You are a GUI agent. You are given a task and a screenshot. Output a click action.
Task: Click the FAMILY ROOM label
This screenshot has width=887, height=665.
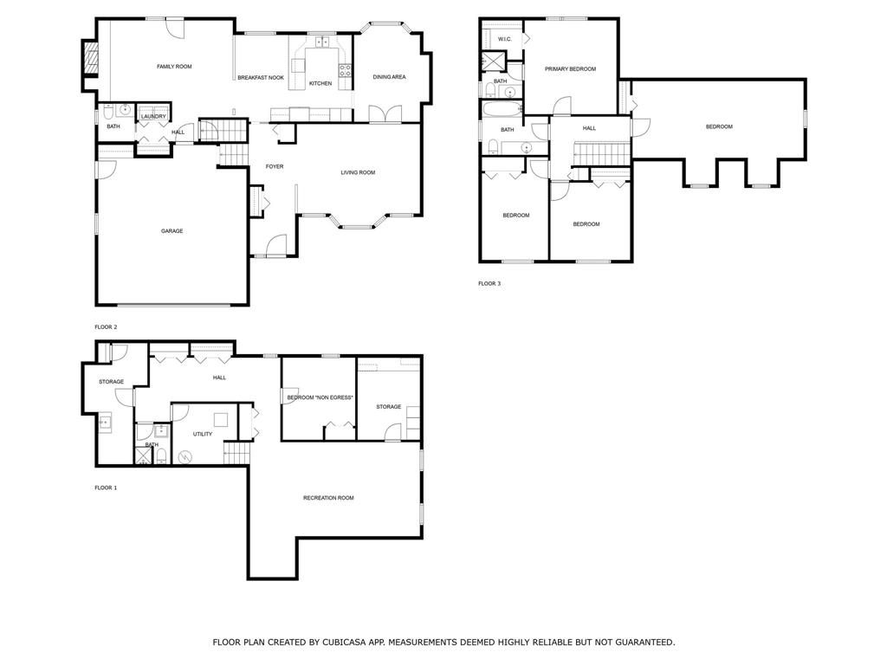(174, 67)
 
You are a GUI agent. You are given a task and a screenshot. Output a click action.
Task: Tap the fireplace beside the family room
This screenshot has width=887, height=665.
(91, 58)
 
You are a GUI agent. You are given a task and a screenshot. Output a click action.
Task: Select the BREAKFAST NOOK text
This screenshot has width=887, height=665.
(261, 77)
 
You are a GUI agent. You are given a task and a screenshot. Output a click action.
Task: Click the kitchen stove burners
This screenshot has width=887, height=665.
(345, 70)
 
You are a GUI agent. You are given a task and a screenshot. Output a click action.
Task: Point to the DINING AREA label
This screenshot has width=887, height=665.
(389, 77)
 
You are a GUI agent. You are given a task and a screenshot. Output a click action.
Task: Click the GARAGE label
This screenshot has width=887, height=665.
(172, 231)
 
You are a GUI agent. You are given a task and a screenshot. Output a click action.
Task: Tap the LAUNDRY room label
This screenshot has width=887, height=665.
(153, 117)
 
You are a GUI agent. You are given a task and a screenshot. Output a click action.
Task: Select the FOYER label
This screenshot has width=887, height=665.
(275, 167)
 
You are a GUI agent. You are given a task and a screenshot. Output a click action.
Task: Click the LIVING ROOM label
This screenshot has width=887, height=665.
(358, 172)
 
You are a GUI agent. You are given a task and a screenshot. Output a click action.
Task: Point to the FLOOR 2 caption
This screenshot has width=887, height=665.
(106, 326)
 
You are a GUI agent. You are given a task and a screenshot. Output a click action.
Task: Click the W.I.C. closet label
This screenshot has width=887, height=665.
(505, 39)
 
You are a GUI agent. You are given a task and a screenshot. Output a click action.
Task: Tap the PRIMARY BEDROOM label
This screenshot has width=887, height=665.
(570, 69)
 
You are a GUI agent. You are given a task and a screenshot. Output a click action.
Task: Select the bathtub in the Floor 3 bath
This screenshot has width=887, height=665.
(502, 108)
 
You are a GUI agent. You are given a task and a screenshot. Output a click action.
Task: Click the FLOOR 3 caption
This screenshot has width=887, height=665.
(489, 283)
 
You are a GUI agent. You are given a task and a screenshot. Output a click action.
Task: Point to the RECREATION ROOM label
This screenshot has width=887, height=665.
(328, 498)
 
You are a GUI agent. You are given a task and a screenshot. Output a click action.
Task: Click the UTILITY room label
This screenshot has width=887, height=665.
(203, 435)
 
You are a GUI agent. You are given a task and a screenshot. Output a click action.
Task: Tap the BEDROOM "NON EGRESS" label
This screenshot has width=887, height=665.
(320, 397)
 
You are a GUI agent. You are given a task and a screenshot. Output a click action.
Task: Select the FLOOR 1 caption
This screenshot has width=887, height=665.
(106, 487)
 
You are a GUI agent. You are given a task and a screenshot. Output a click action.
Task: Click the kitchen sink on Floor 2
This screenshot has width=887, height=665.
(322, 42)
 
